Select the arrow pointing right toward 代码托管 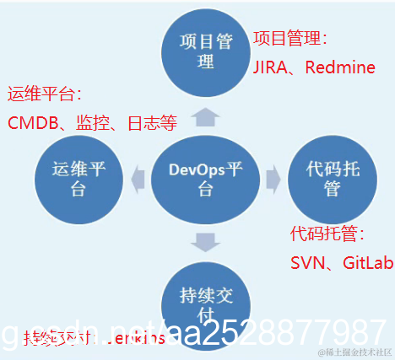pyautogui.click(x=272, y=179)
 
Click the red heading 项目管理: pyautogui.click(x=289, y=38)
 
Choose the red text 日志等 pyautogui.click(x=152, y=124)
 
